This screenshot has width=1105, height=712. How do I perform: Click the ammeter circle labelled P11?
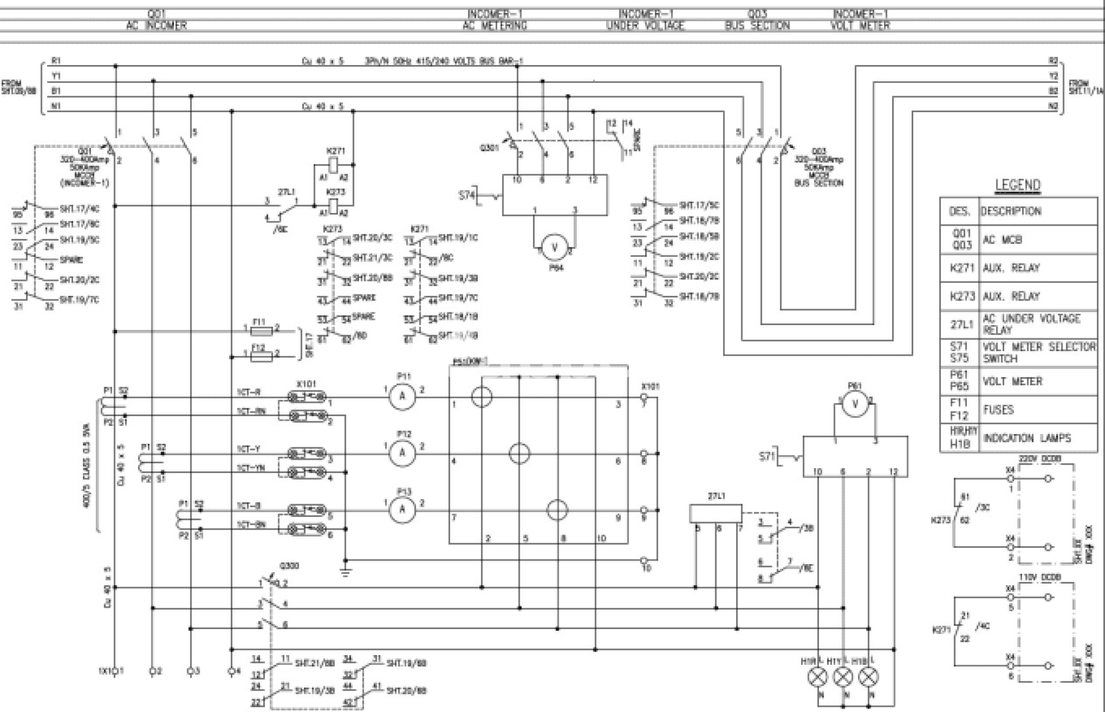[x=402, y=396]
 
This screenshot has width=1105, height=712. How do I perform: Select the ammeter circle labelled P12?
[x=402, y=453]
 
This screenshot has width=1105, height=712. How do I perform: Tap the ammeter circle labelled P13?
[x=402, y=509]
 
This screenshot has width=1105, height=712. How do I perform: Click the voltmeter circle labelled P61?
[x=855, y=404]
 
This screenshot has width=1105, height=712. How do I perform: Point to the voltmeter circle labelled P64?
[x=555, y=248]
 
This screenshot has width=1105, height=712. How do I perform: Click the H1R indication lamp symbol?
[x=817, y=677]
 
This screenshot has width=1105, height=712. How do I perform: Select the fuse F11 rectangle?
[x=262, y=332]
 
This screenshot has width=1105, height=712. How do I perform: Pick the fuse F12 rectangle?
[x=262, y=356]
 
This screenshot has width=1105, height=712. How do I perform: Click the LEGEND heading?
[x=1018, y=185]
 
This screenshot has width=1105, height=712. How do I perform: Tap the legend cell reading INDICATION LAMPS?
[x=1027, y=438]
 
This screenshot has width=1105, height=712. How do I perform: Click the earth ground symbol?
[x=345, y=572]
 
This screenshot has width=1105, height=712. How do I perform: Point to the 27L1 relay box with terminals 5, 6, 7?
[x=716, y=513]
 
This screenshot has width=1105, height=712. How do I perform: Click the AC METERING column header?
[x=495, y=25]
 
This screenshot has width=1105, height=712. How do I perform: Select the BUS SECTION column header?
[x=757, y=25]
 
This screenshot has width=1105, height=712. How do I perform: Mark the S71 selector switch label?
[x=768, y=456]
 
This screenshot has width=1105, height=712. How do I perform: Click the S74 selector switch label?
[x=467, y=196]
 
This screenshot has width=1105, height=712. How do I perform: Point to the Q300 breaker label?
[x=289, y=566]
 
